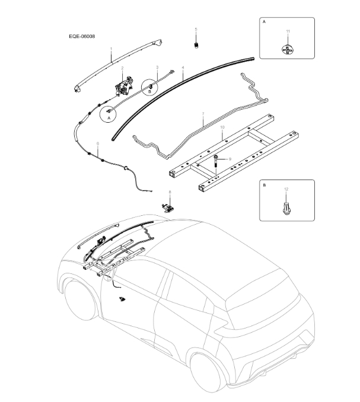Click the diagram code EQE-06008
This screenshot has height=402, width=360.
click(x=82, y=36)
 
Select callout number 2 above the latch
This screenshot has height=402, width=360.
click(x=123, y=69)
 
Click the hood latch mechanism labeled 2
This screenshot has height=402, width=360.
click(x=124, y=87)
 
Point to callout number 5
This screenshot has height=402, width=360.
click(x=196, y=29)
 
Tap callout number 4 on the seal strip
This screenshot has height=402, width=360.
click(x=183, y=69)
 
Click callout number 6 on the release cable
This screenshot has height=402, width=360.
click(x=98, y=143)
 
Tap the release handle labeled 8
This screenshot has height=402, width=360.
click(x=170, y=206)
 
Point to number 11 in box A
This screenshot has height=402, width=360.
click(x=287, y=31)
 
